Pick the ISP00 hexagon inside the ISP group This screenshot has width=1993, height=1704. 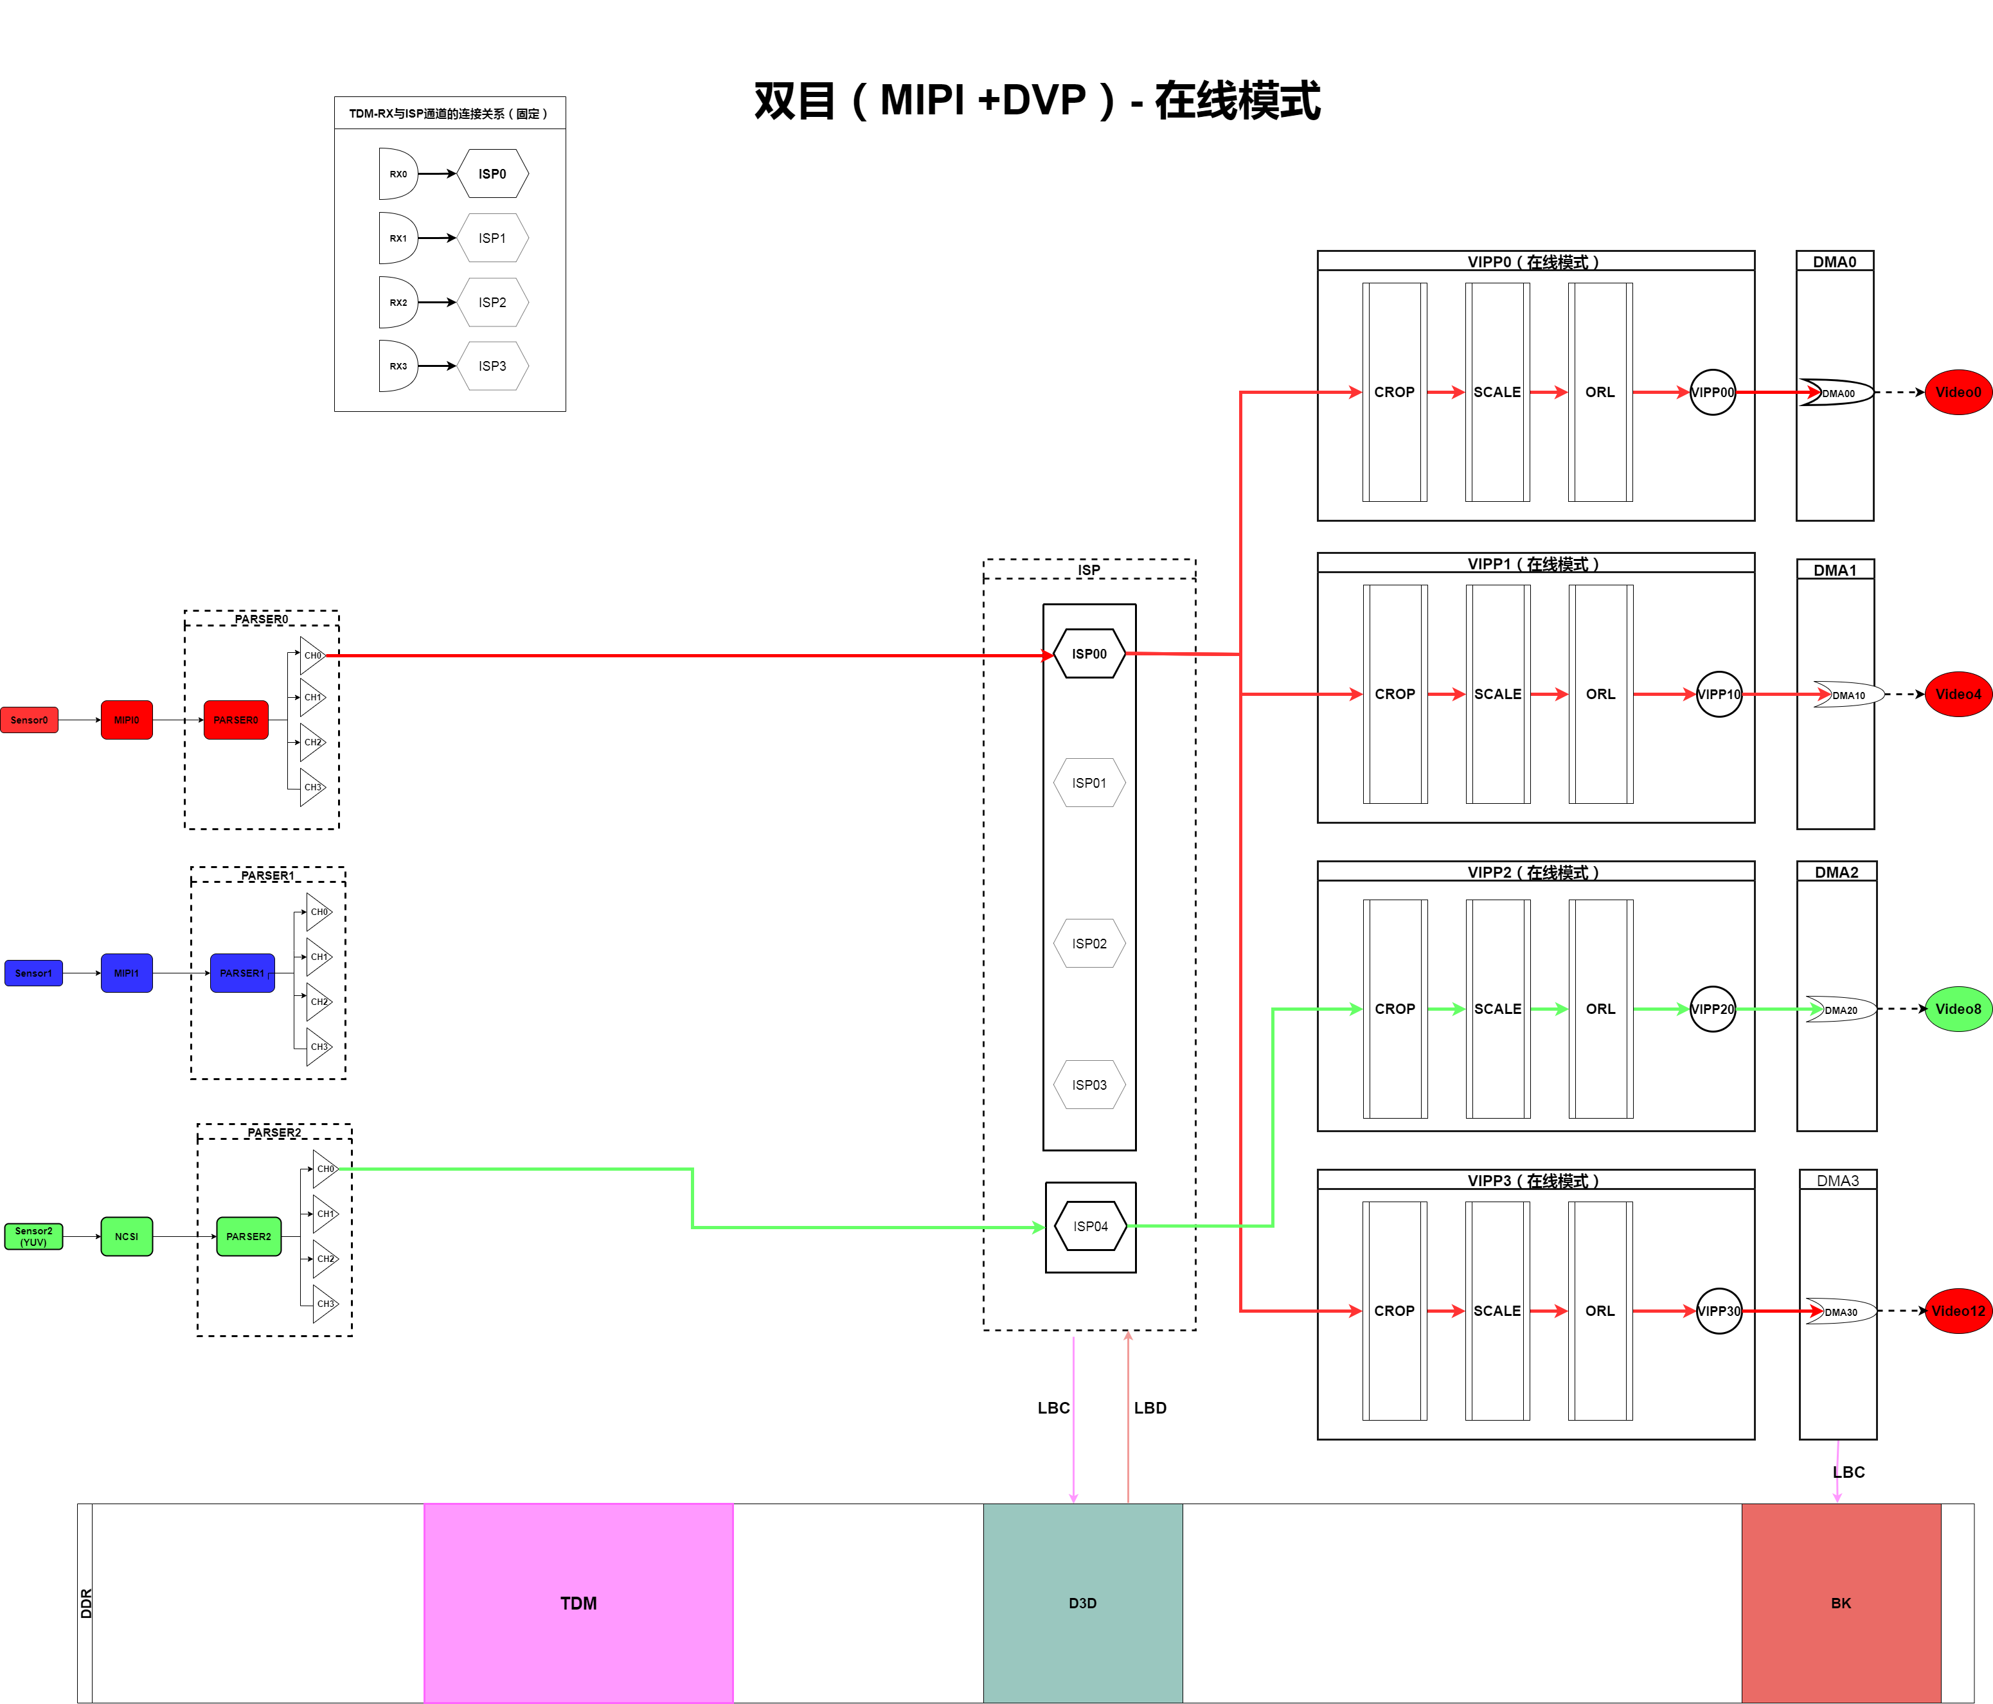coord(1089,654)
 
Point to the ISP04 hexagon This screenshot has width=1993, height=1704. coord(1090,1225)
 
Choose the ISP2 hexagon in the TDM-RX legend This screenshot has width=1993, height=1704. coord(492,302)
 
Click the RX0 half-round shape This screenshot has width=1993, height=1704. coord(397,174)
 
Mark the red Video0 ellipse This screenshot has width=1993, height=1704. coord(1958,393)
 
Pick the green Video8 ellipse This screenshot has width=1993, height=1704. coord(1958,1009)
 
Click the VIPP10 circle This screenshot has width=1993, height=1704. coord(1718,695)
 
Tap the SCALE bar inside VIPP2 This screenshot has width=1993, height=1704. coord(1497,1009)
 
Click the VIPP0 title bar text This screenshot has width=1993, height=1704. coord(1533,262)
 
